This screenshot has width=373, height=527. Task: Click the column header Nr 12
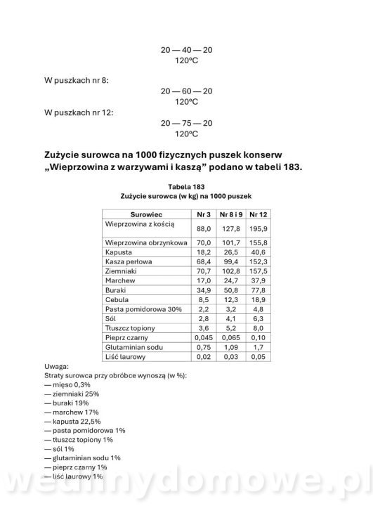tap(258, 214)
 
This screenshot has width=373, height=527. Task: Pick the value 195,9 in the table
tap(258, 228)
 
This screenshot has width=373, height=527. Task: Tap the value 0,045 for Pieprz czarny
tap(203, 337)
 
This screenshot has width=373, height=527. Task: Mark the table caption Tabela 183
tap(186, 186)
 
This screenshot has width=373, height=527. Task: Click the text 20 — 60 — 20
tap(186, 91)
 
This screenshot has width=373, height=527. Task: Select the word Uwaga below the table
tap(56, 365)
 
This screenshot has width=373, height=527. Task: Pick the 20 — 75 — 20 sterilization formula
tap(186, 123)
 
